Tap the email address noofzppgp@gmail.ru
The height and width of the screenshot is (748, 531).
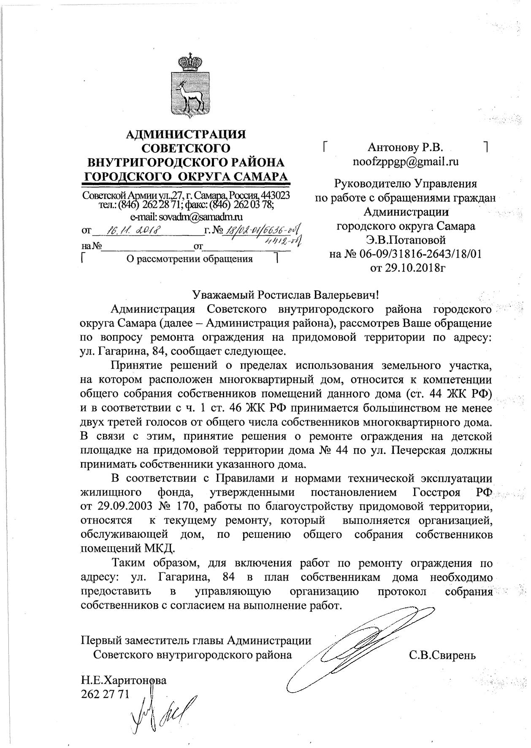coord(406,162)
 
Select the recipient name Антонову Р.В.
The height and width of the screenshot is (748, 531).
coord(405,147)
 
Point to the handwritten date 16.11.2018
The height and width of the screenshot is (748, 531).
coord(133,230)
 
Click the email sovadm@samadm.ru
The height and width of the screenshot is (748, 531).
coord(186,217)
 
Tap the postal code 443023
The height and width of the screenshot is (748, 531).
coord(276,196)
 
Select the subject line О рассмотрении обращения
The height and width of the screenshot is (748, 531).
coord(190,259)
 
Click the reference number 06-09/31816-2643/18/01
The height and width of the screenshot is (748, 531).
coord(418,254)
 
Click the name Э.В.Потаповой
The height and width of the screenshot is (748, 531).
coord(406,240)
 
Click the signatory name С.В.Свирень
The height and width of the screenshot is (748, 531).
coord(442,656)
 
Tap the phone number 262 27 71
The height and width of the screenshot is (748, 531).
coord(104,694)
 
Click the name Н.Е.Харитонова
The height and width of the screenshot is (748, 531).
coord(123,680)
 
